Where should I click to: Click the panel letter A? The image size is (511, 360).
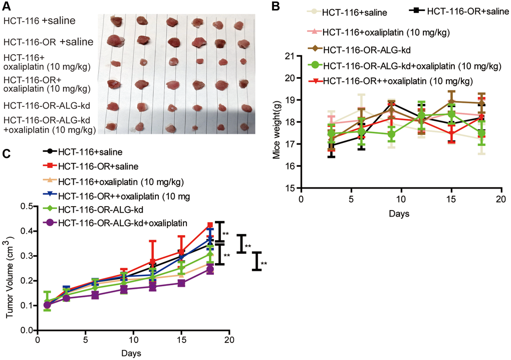(7, 7)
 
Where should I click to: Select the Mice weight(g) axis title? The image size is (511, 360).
(276, 121)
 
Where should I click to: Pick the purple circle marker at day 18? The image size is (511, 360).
(210, 269)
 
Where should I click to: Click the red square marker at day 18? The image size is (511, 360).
(210, 225)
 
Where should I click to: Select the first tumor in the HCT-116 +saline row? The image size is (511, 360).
(116, 22)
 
